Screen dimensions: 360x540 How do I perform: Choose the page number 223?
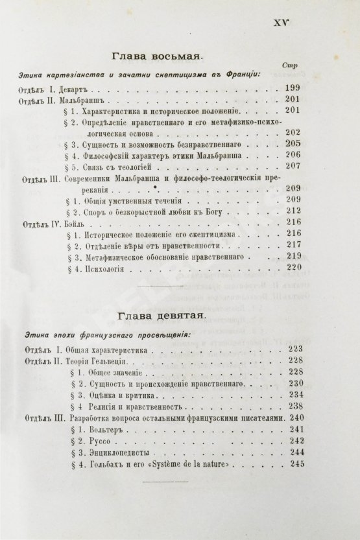[x=294, y=349]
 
